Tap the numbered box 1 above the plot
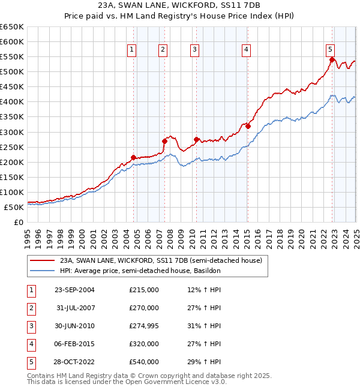point(131,50)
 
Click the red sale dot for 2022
point(332,59)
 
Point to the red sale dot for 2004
point(133,157)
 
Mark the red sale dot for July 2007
point(164,141)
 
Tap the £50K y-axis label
point(14,207)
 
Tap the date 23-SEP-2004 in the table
point(74,290)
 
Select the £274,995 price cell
point(144,326)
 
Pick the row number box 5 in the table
point(31,362)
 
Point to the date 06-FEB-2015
point(74,344)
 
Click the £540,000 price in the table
point(144,362)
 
